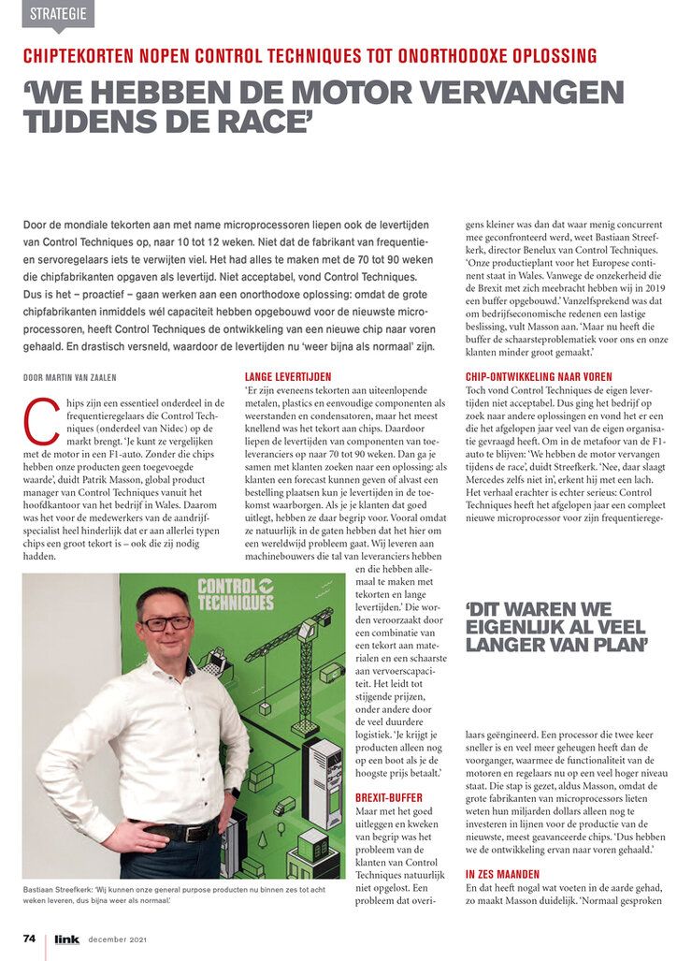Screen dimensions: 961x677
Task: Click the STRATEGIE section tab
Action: pyautogui.click(x=58, y=13)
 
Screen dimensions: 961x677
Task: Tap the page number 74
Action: pyautogui.click(x=30, y=938)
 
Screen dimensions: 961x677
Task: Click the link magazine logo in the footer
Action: pyautogui.click(x=67, y=938)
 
